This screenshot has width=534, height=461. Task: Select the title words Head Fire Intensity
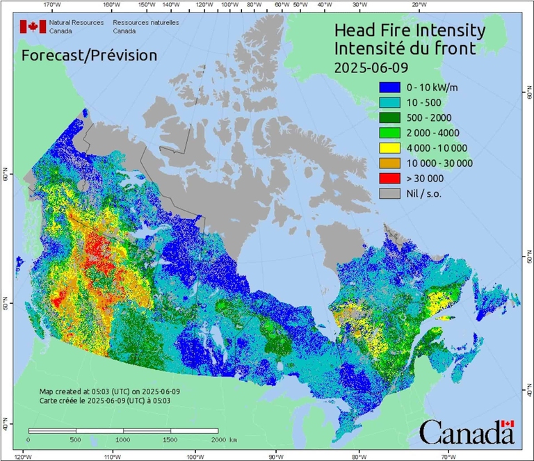point(410,31)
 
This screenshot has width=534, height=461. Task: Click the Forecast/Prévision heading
point(89,55)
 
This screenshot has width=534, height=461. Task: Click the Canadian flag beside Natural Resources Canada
point(33,26)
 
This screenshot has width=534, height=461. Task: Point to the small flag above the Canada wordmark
point(507,423)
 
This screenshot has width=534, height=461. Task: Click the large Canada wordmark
point(466,434)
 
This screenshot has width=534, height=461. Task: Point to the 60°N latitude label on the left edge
point(5,178)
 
